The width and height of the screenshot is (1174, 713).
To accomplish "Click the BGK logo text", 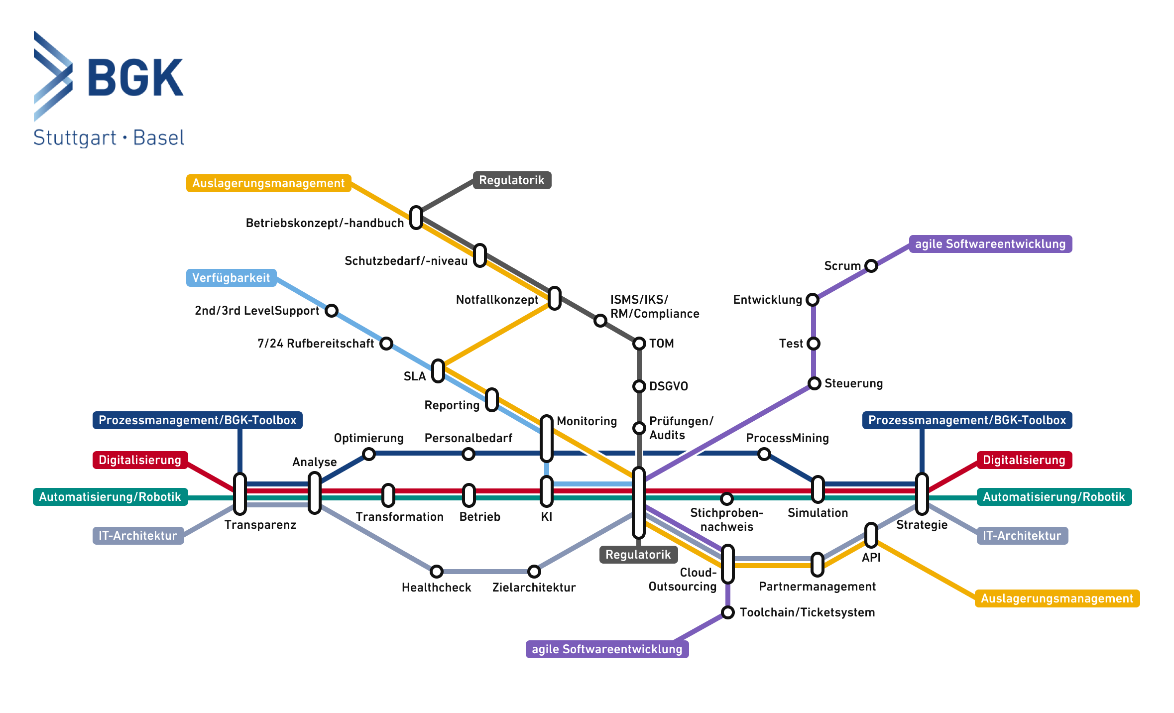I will tap(135, 77).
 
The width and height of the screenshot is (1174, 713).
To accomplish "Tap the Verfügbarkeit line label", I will tap(231, 278).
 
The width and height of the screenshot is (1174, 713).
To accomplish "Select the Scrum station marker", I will tap(871, 265).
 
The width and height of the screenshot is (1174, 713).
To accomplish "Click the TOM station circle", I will tap(639, 343).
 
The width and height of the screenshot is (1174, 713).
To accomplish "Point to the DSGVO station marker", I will tap(639, 386).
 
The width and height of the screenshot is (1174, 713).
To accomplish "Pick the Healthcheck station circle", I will tap(436, 571).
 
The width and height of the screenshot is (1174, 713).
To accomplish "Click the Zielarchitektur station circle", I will tap(534, 571).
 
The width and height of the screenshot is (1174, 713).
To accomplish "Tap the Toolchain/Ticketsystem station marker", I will tap(727, 612).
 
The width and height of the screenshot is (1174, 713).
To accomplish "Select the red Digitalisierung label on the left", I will tap(140, 460).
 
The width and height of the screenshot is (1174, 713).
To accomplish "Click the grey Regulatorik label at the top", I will tap(511, 180).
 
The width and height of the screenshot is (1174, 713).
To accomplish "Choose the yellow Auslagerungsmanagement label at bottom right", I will tap(1057, 598).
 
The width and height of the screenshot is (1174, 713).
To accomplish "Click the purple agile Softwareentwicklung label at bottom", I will tap(607, 649).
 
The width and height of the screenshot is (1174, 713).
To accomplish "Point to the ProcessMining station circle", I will tap(764, 454).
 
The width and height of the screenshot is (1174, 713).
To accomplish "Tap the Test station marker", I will tap(813, 343).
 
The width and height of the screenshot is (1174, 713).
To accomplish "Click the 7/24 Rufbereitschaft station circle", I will tap(386, 343).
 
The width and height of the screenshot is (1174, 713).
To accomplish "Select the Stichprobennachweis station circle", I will tap(726, 498).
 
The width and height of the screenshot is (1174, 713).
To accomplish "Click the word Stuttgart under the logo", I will tap(75, 138).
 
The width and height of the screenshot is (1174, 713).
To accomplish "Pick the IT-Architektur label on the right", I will tap(1022, 536).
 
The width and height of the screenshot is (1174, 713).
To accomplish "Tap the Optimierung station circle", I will tap(368, 454).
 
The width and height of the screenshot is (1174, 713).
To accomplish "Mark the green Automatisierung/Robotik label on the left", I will tap(110, 497).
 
